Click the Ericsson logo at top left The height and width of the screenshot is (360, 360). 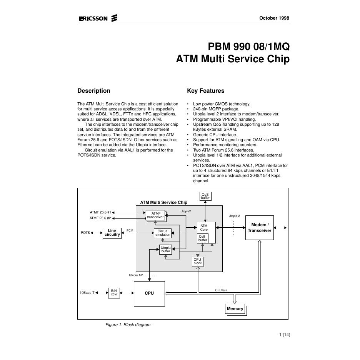coord(98,18)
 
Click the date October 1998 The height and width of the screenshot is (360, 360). coord(274,18)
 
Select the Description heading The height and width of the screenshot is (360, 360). coord(94,91)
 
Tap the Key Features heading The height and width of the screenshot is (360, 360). coord(205,91)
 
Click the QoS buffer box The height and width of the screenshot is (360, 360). coord(205,196)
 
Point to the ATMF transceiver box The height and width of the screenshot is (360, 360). coord(155,215)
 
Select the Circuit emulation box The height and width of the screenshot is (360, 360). coord(163,233)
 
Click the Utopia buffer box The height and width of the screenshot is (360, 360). coord(165,250)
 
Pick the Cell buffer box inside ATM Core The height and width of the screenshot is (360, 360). coord(203,238)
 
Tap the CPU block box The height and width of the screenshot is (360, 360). coord(197,262)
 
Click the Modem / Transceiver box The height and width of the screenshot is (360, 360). coord(260,228)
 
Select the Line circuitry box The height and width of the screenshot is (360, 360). coord(112,233)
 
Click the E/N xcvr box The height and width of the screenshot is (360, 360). coord(114,293)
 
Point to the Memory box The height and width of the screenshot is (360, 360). coord(235,309)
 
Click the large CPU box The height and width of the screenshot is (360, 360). coord(149,293)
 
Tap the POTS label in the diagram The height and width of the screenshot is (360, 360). coord(85,233)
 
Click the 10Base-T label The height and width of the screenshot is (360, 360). coord(87,293)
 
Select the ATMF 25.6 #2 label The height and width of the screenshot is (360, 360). coord(100,218)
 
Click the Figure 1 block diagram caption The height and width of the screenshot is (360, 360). coord(128,325)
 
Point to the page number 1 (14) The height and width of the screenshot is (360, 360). coord(285,335)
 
